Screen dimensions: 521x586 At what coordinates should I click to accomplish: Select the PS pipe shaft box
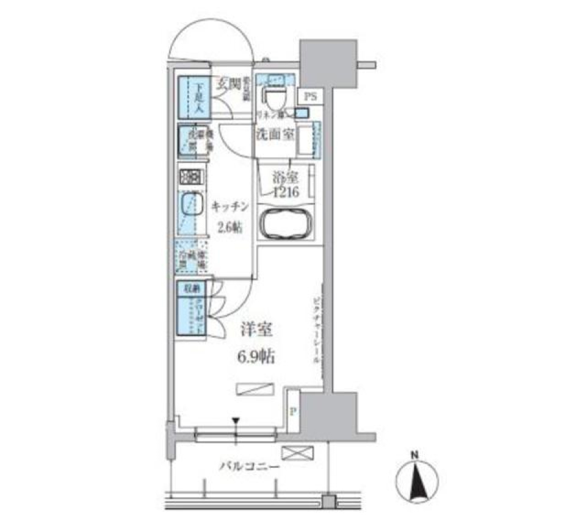311,96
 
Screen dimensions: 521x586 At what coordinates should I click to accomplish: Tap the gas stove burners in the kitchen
192,177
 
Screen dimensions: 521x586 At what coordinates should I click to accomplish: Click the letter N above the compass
414,455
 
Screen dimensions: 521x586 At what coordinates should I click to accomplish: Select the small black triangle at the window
236,420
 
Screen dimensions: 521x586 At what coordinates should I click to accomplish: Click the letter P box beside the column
293,412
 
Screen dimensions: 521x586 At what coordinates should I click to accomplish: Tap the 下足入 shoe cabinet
195,97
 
